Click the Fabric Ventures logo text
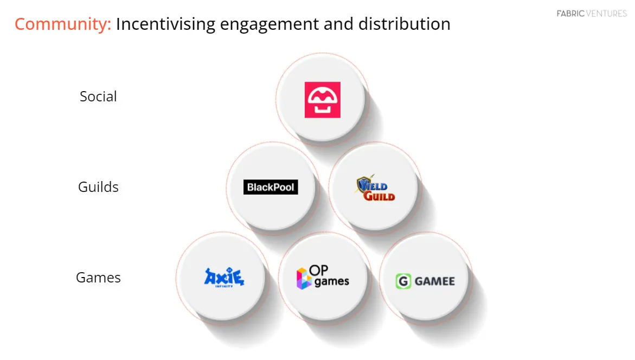[x=592, y=14]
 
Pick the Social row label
[x=98, y=97]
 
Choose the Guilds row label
[x=98, y=187]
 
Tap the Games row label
[x=98, y=278]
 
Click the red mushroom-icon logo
[x=322, y=100]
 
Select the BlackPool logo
[x=271, y=188]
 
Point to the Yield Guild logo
[x=375, y=189]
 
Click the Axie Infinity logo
[x=224, y=278]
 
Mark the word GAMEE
[x=434, y=281]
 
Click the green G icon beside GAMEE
[x=403, y=281]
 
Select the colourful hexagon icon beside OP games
[x=303, y=278]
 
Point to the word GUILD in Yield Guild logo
[x=379, y=195]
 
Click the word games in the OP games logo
[x=331, y=282]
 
